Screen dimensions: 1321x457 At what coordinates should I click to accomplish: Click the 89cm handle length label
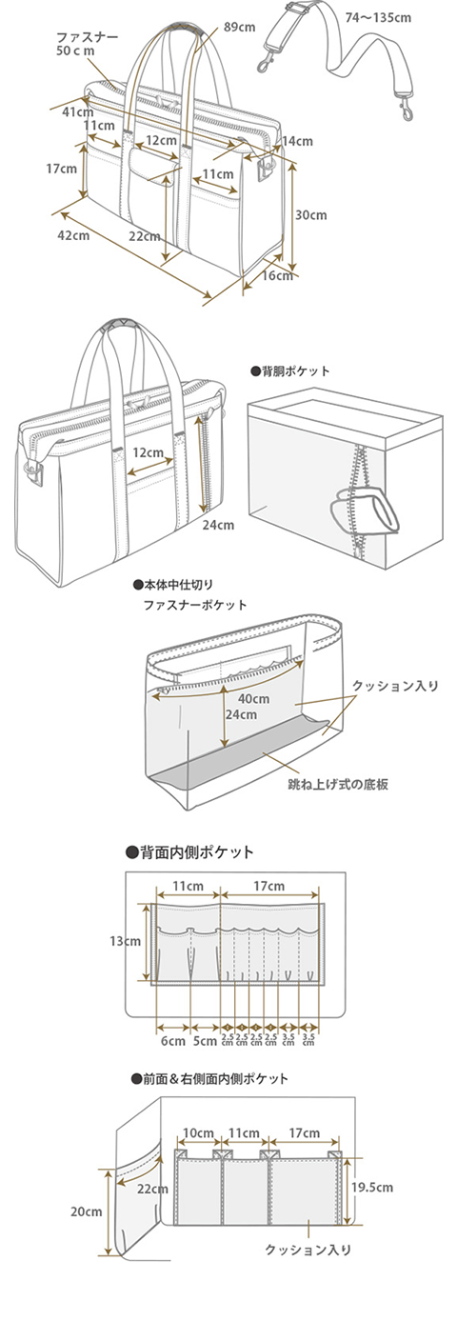pos(240,28)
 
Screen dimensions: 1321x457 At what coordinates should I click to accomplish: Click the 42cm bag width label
pos(73,234)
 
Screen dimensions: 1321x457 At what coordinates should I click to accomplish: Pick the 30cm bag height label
pos(311,215)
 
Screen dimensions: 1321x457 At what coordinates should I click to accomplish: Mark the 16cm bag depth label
pos(277,276)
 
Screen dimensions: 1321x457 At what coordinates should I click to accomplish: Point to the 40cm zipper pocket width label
pos(254,698)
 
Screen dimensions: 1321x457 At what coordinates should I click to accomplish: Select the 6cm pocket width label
pos(172,1040)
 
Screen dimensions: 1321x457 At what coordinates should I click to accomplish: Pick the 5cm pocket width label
pos(205,1040)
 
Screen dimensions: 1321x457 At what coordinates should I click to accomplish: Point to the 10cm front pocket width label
pos(198,1133)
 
